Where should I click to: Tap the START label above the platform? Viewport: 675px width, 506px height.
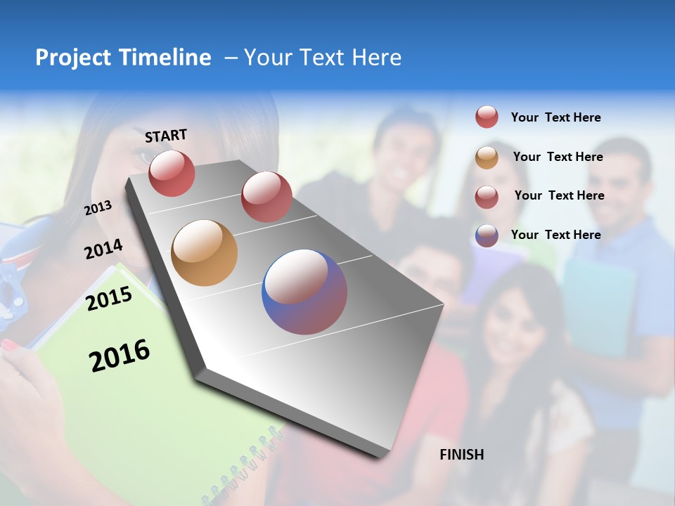166,136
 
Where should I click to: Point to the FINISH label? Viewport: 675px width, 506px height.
462,455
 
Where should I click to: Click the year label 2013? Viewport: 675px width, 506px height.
98,208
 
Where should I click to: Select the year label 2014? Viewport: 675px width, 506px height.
103,249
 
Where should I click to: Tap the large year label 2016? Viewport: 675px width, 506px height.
120,356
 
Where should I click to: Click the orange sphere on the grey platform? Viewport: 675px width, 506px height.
204,253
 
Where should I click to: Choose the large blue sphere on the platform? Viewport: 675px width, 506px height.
304,292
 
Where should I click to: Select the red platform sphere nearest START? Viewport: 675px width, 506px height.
172,173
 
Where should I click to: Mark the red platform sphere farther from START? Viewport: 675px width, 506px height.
266,196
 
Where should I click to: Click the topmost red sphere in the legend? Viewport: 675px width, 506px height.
487,117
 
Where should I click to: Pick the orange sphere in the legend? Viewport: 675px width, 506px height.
487,157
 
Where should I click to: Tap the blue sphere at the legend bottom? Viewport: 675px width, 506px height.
487,235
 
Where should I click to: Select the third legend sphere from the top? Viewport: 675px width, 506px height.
487,196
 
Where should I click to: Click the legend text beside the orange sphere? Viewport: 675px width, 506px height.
558,157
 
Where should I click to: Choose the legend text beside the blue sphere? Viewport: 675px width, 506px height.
555,235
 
